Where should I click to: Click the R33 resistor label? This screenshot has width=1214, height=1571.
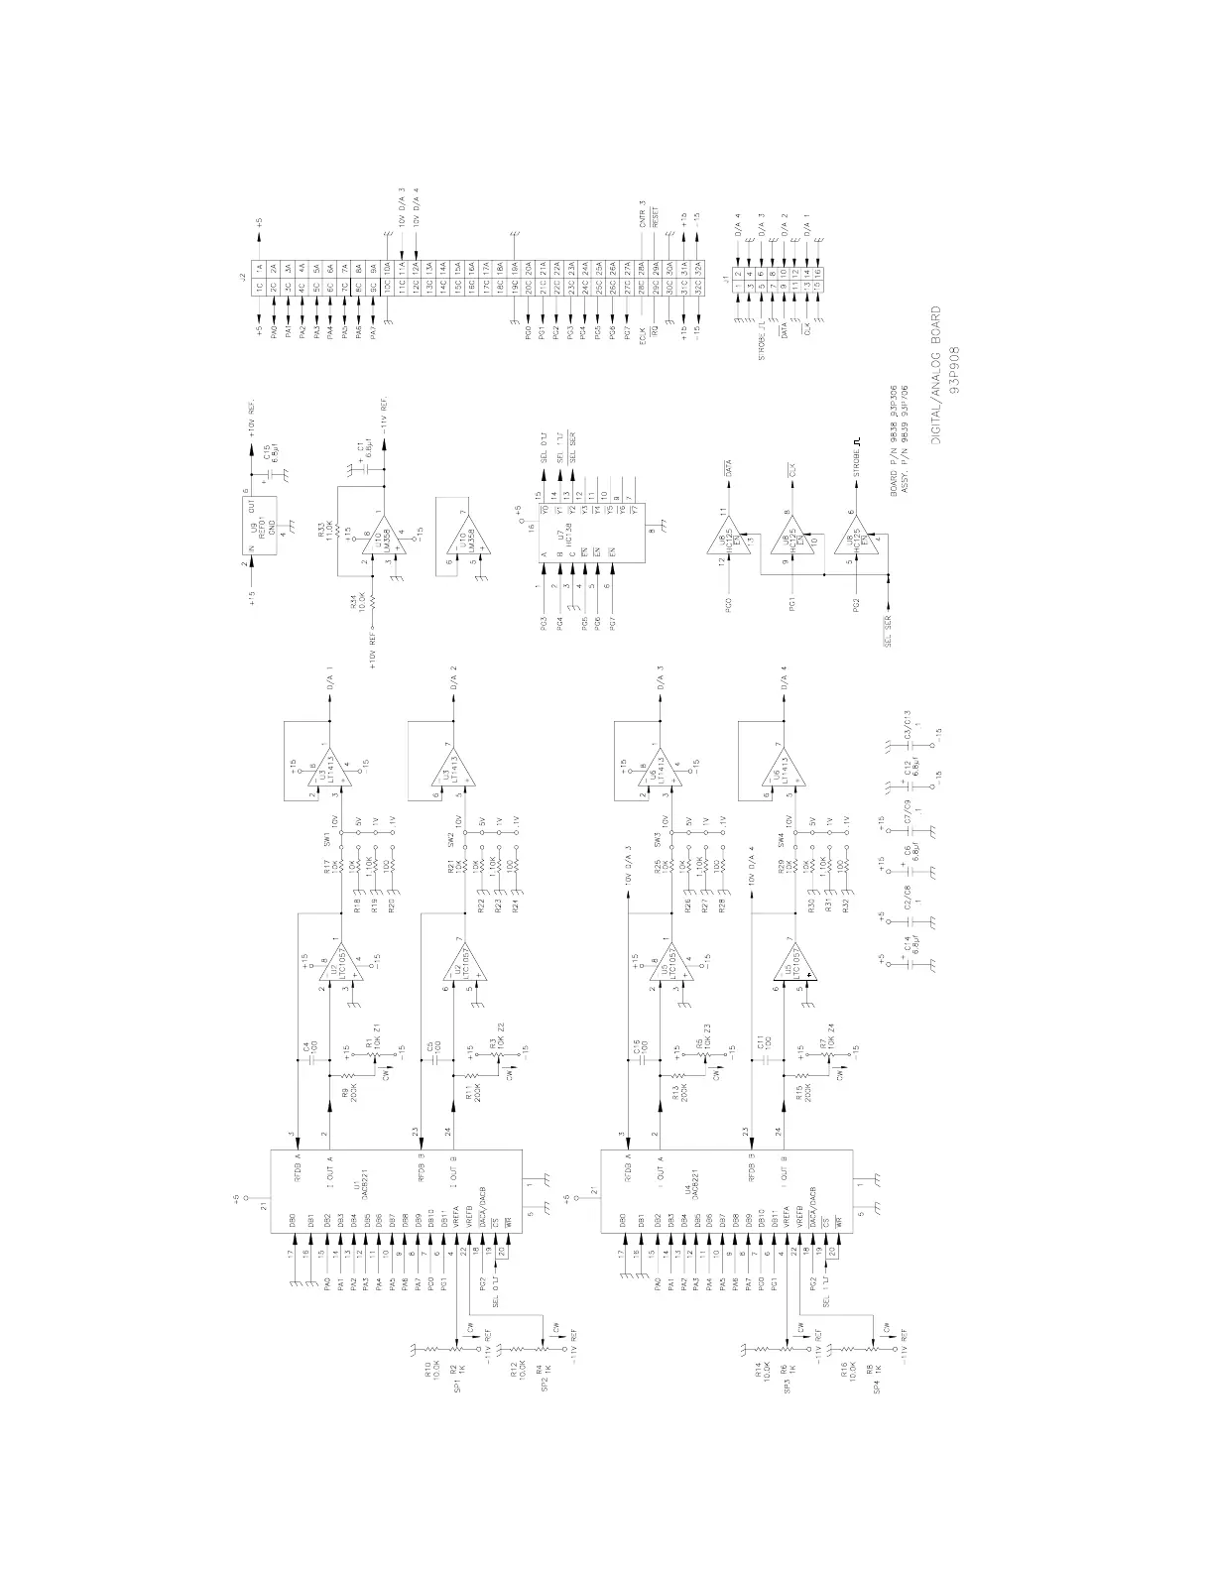click(341, 533)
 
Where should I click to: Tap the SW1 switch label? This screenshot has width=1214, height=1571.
click(326, 840)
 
